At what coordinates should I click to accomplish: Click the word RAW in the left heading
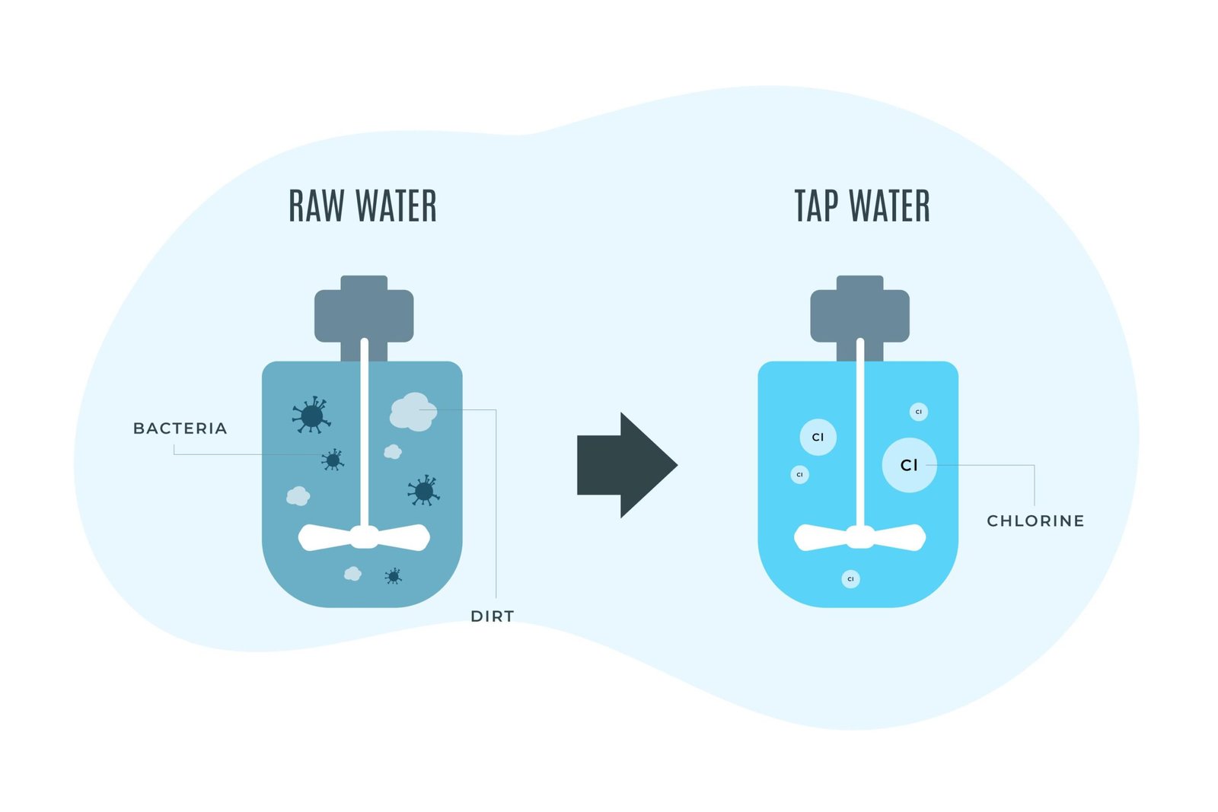pos(316,206)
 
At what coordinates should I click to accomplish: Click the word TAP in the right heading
pos(816,206)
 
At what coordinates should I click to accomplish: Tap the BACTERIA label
pos(180,428)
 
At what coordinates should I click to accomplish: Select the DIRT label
pos(493,616)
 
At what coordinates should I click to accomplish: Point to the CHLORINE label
pos(1035,521)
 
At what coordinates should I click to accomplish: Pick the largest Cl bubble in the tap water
pos(909,465)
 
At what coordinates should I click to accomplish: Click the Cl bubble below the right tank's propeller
pos(850,579)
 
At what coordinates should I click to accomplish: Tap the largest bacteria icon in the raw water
pos(311,416)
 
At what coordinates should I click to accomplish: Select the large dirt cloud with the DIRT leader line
pos(413,412)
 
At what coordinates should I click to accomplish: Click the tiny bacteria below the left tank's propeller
pos(394,576)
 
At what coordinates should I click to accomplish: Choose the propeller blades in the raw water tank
pos(364,537)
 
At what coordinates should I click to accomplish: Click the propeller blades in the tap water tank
pos(860,537)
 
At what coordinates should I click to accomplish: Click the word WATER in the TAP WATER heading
pos(889,206)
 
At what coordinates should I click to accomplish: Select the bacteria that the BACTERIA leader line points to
pos(333,460)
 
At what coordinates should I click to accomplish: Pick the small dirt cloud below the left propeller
pos(352,573)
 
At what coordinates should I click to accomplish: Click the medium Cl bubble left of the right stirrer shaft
pos(818,437)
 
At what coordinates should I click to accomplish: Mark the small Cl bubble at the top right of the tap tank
pos(918,412)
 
